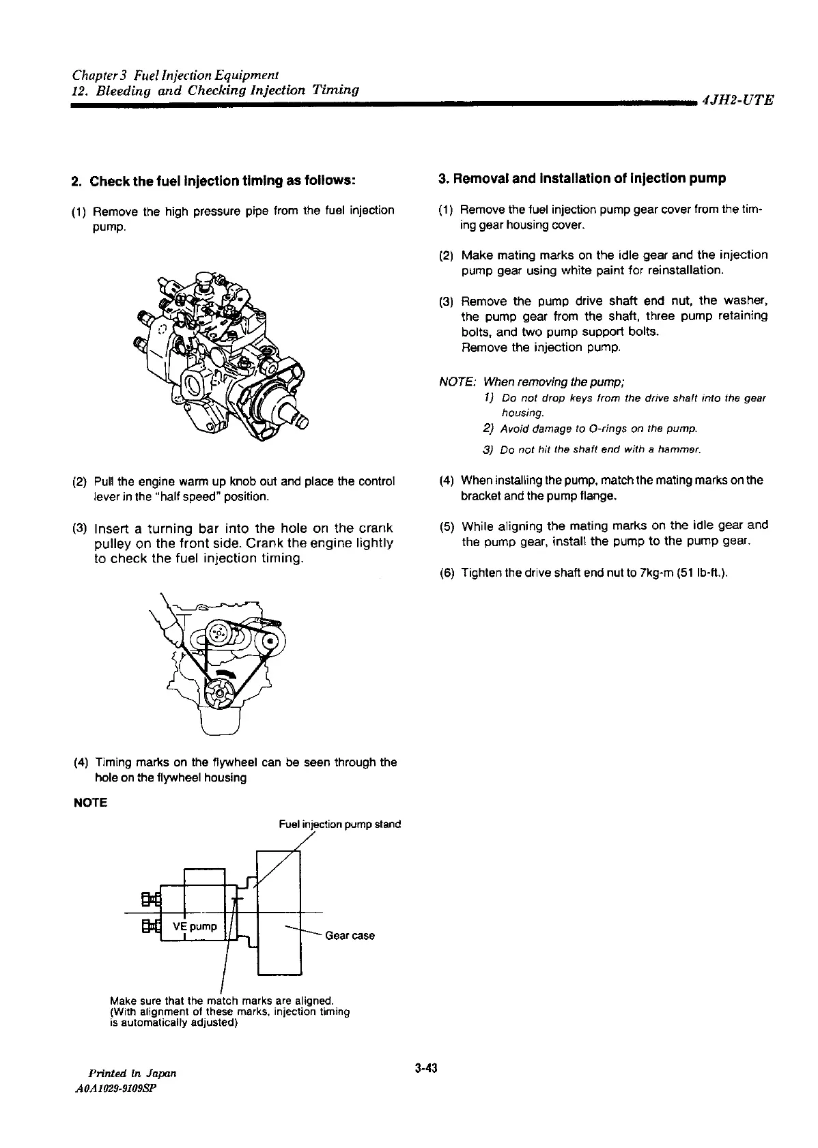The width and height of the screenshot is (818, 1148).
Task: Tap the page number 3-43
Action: [425, 1068]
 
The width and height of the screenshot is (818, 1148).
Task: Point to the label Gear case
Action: [350, 935]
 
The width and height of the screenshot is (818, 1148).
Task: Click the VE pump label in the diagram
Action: [195, 926]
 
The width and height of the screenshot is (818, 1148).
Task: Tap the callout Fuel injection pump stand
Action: [340, 824]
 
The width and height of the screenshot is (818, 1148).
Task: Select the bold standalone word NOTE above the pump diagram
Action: [90, 803]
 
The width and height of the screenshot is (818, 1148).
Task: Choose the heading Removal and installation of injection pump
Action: [582, 179]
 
